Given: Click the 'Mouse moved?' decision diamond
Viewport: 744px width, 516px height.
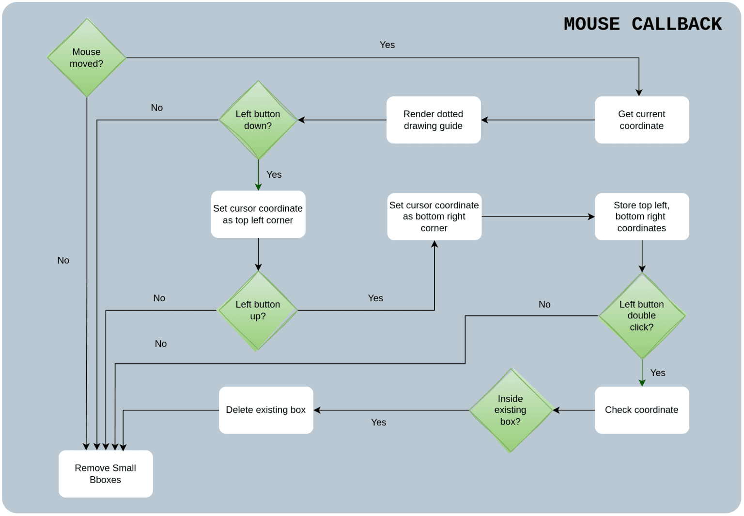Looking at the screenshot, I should pyautogui.click(x=87, y=58).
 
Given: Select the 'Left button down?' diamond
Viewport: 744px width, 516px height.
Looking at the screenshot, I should pyautogui.click(x=258, y=120).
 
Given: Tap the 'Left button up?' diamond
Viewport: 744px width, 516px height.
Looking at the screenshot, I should pyautogui.click(x=258, y=310).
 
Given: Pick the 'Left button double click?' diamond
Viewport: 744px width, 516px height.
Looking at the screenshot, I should pyautogui.click(x=642, y=316).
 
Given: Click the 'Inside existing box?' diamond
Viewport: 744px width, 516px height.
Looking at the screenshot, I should pyautogui.click(x=511, y=410).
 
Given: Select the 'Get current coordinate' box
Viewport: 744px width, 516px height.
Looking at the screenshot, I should pyautogui.click(x=642, y=120).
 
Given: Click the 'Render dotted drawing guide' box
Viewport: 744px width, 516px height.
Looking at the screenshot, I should pyautogui.click(x=434, y=120).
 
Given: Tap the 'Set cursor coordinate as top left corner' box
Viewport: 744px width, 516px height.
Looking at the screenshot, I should pyautogui.click(x=258, y=214).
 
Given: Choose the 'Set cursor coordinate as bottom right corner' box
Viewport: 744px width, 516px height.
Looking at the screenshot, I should pyautogui.click(x=434, y=217).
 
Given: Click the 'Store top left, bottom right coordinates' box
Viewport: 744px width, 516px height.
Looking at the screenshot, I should pyautogui.click(x=642, y=217).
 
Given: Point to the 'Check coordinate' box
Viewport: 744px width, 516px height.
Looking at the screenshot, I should pyautogui.click(x=642, y=410).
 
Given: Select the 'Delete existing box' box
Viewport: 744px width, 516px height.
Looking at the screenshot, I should pyautogui.click(x=266, y=410).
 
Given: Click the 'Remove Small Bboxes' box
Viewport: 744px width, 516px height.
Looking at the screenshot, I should pyautogui.click(x=106, y=474).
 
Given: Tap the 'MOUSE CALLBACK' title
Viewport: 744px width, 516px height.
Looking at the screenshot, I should pyautogui.click(x=642, y=24).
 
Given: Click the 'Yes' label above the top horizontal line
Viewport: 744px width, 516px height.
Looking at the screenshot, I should pyautogui.click(x=387, y=45).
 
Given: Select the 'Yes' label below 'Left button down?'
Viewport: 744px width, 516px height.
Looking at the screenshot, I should pyautogui.click(x=274, y=174).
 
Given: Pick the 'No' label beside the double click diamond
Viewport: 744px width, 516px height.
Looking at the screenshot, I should pyautogui.click(x=544, y=304).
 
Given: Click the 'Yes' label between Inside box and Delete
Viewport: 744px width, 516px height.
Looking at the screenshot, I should pyautogui.click(x=378, y=422).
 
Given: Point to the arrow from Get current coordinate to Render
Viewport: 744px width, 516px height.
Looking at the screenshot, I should pyautogui.click(x=538, y=120).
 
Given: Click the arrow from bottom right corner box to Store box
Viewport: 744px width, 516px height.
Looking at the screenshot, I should pyautogui.click(x=538, y=217).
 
